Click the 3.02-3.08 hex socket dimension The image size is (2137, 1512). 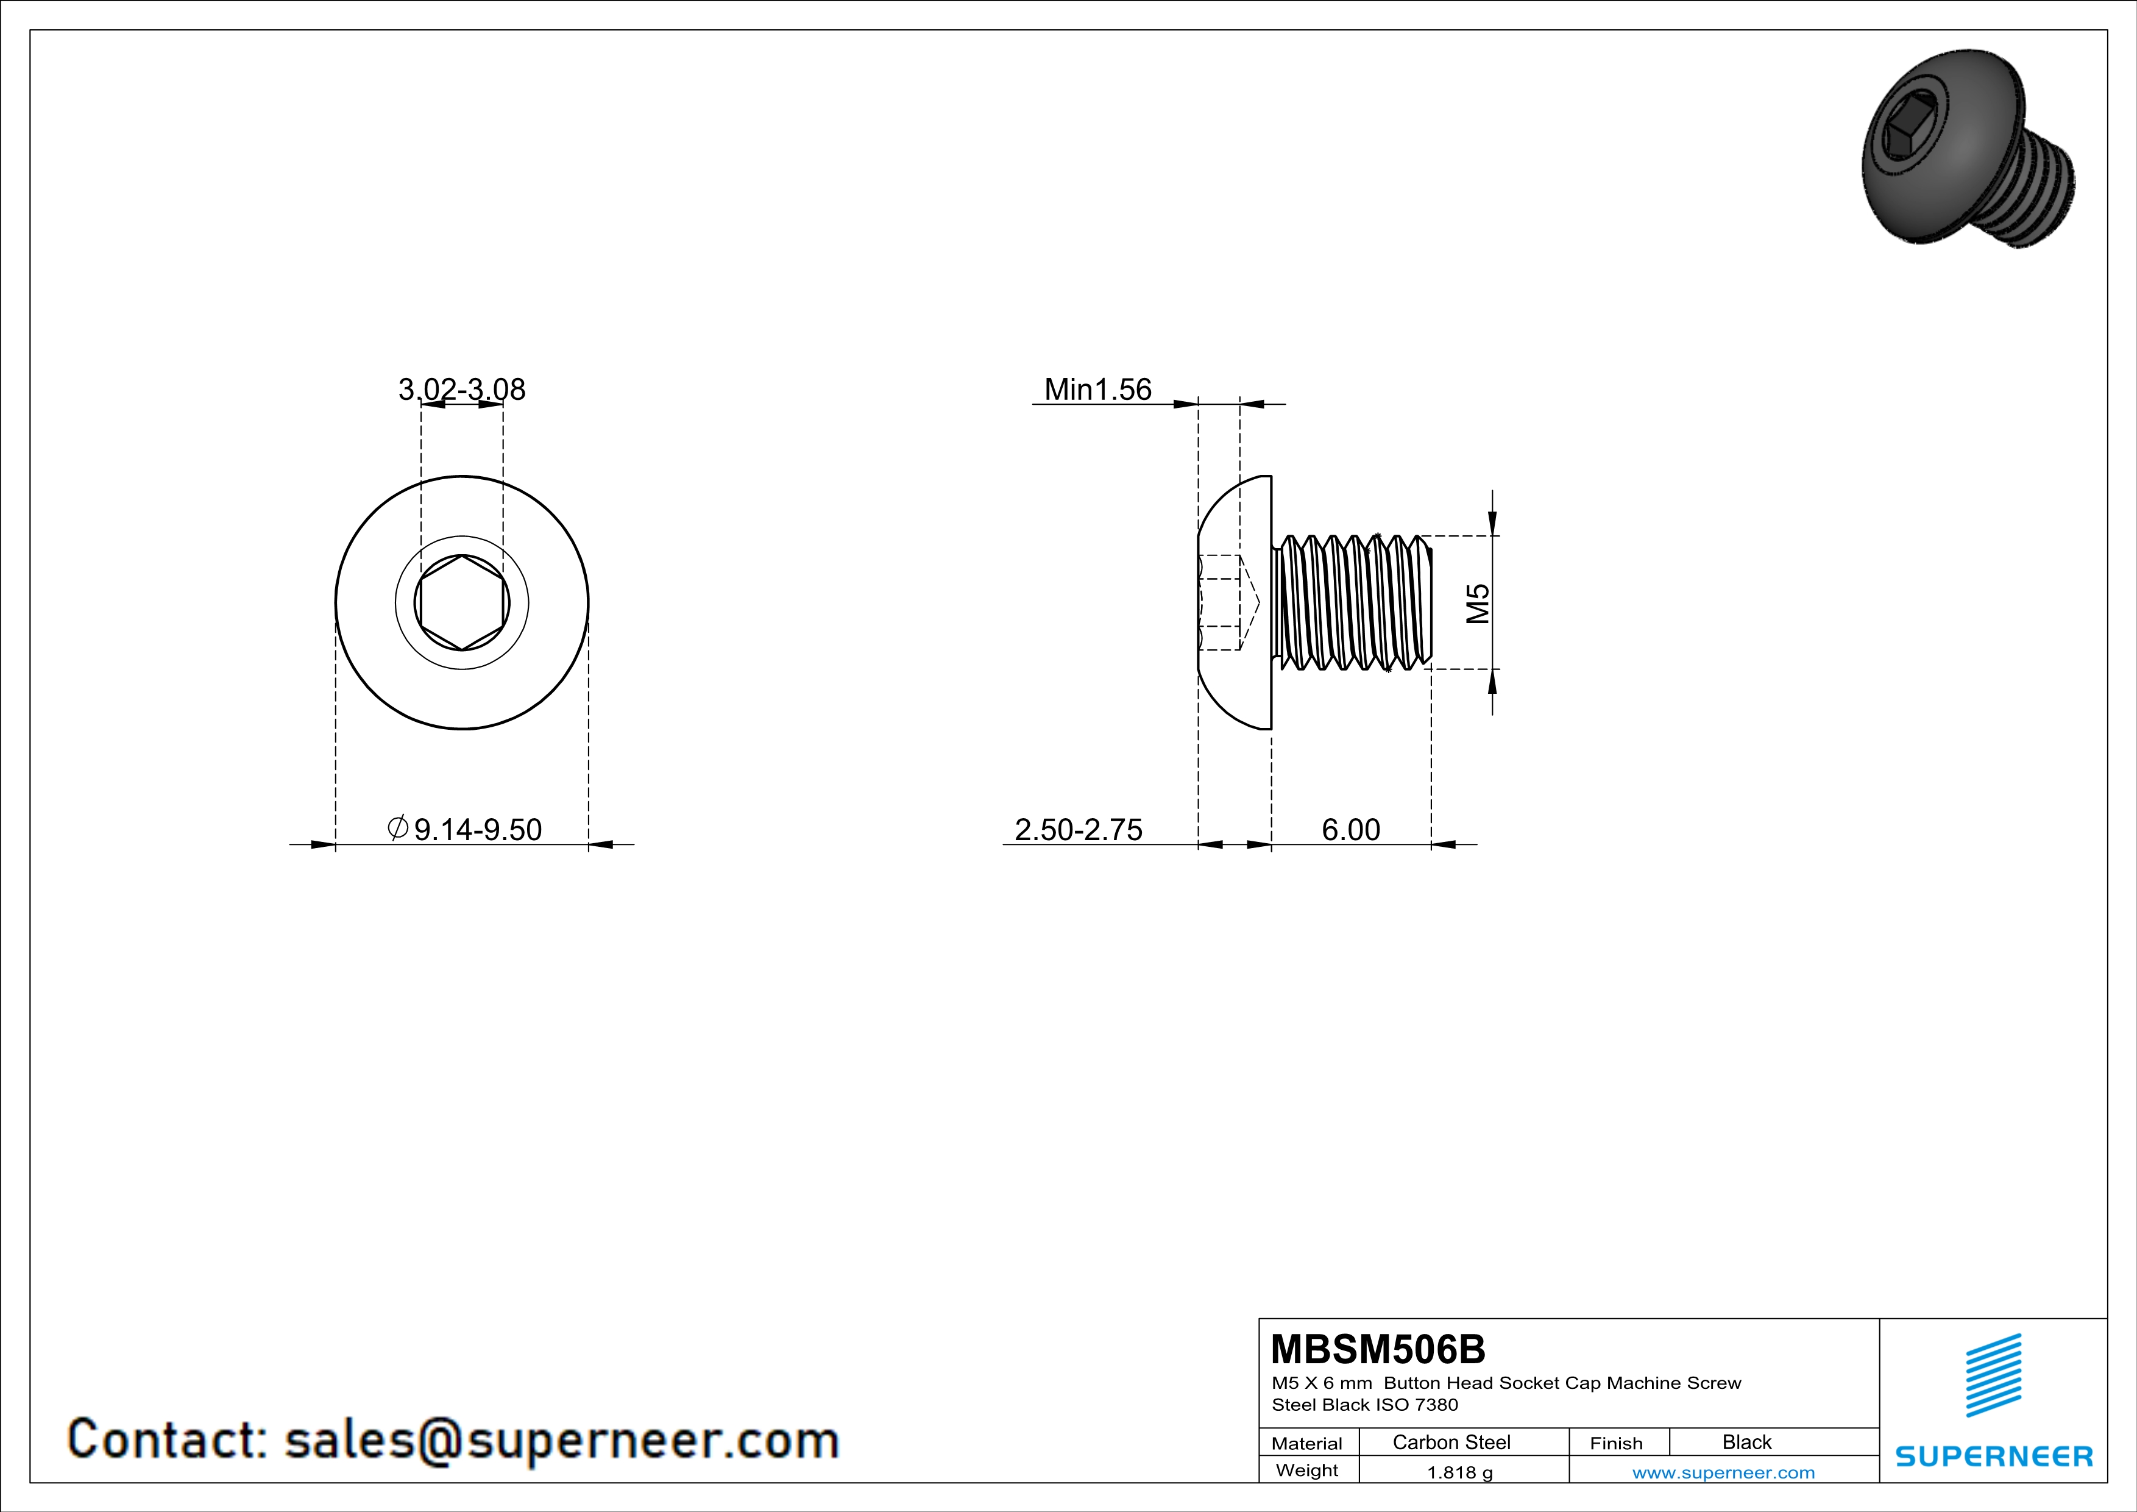pos(462,389)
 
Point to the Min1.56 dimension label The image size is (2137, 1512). pos(1097,389)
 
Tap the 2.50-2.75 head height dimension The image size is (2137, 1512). pos(1078,829)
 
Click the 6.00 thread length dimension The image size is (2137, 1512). pos(1350,829)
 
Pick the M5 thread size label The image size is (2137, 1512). pos(1478,604)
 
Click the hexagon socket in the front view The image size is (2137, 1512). pos(462,604)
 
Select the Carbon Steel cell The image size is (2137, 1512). pos(1451,1442)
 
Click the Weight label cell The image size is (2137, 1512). pos(1307,1470)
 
